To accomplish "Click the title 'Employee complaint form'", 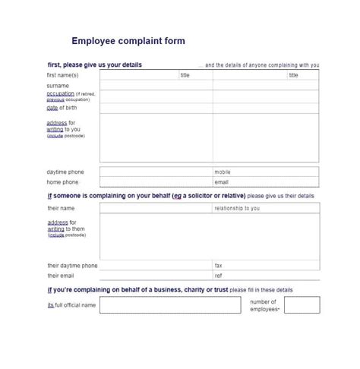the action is (128, 41).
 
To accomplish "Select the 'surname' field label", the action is (58, 86).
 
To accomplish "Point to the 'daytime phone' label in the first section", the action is (65, 172).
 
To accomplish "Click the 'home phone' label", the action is (62, 182).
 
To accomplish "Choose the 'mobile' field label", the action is (223, 172).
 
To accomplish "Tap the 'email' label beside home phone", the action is (222, 182).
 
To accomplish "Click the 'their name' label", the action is (61, 207).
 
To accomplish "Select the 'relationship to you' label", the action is (237, 207).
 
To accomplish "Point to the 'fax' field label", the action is (219, 266).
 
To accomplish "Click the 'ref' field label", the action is (219, 276).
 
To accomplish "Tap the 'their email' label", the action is (62, 276).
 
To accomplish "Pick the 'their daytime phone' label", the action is (72, 266).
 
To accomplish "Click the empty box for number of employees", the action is (302, 305).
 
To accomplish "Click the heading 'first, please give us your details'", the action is (94, 65).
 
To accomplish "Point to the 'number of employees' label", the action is (264, 305).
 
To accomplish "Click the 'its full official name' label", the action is (71, 305).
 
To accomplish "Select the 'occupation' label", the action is (61, 93).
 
